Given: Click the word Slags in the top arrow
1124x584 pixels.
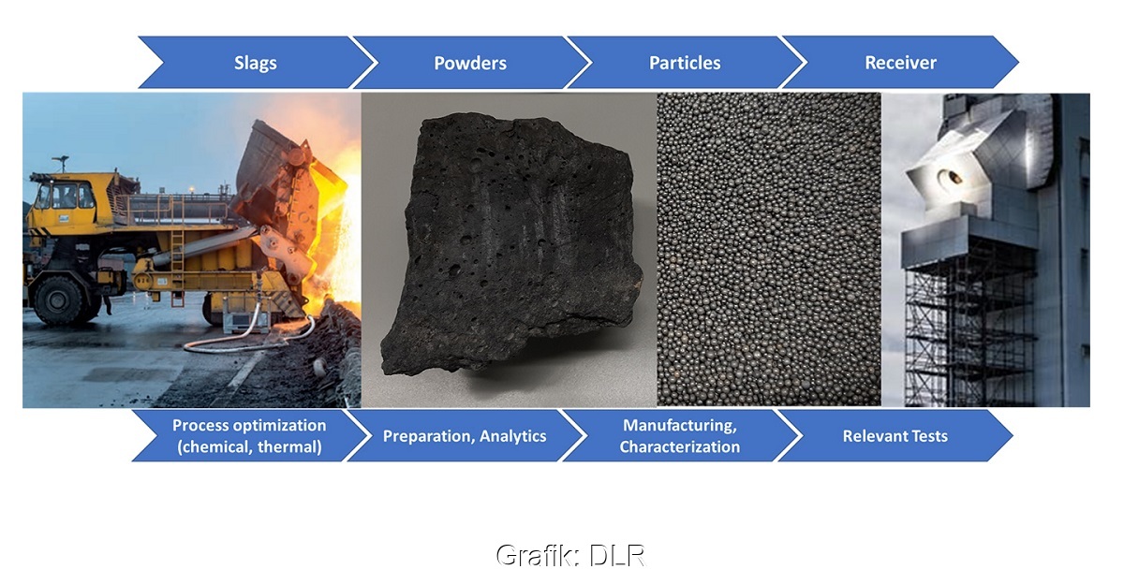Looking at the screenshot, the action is coord(256,63).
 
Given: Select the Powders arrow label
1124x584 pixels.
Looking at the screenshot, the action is coord(470,63).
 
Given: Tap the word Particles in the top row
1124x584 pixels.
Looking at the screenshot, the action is coord(685,63).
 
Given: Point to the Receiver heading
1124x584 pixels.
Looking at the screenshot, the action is coord(901,63).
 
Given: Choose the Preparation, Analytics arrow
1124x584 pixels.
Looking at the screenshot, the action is coord(465,436).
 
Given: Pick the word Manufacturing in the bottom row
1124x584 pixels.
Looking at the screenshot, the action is coord(680,425).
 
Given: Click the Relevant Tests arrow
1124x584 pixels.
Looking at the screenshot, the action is coord(895,436).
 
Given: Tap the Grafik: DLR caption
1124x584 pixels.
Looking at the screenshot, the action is coord(570,555).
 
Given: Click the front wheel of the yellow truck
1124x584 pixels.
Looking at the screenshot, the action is coord(58,300).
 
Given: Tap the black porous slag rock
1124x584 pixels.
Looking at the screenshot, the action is coord(510,245).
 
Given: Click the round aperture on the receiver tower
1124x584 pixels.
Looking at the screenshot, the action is coord(950,177).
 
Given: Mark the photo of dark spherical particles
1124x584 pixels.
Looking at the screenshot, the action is coord(769,249).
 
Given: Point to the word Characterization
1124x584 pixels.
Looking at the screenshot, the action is coord(680,446).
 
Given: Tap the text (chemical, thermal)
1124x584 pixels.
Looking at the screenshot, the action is coord(249,446).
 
